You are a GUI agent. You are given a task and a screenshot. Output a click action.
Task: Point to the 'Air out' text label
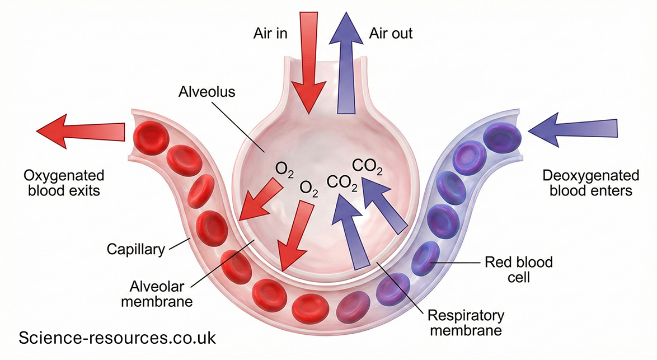(x=391, y=34)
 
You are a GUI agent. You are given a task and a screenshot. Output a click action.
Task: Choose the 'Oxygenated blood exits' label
(x=64, y=183)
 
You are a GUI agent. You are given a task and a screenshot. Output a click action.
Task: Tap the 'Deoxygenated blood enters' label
(x=590, y=183)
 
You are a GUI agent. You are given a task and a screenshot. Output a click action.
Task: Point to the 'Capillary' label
(x=136, y=249)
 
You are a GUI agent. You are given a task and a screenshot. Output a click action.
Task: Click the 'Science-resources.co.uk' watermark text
(x=117, y=338)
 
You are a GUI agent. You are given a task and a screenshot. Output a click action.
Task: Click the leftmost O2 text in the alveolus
(x=284, y=169)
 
